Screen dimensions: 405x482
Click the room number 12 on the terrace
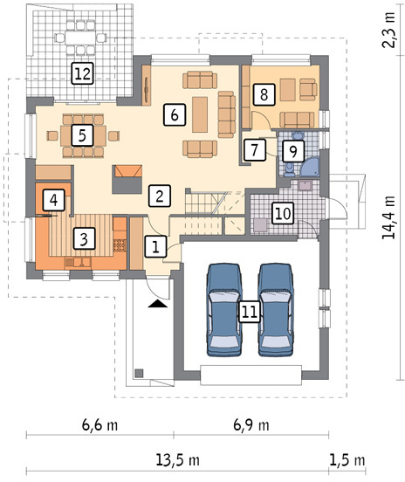click(x=82, y=73)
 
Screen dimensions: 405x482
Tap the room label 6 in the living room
click(x=175, y=114)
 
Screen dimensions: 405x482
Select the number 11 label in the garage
click(x=250, y=312)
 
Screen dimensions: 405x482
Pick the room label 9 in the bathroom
click(x=293, y=151)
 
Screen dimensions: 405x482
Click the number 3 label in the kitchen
click(x=84, y=239)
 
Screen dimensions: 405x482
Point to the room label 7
click(x=254, y=149)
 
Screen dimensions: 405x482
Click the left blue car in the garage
click(x=224, y=310)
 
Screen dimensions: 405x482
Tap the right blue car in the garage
click(x=276, y=310)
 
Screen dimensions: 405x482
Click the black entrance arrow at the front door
click(x=158, y=304)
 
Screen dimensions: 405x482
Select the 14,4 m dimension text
click(x=388, y=217)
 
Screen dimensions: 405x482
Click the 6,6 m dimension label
click(x=100, y=425)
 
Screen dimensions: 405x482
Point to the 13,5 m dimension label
click(x=177, y=460)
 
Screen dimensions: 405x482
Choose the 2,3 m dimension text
click(x=388, y=30)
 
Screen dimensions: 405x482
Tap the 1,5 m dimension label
click(x=347, y=460)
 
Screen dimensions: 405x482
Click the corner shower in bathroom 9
click(x=310, y=168)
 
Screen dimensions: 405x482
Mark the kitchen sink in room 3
click(x=78, y=262)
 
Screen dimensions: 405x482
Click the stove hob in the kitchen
click(x=120, y=245)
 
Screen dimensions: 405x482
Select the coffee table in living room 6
click(x=200, y=114)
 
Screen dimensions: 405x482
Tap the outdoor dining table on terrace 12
click(x=80, y=38)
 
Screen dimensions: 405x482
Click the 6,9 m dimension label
click(x=251, y=425)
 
